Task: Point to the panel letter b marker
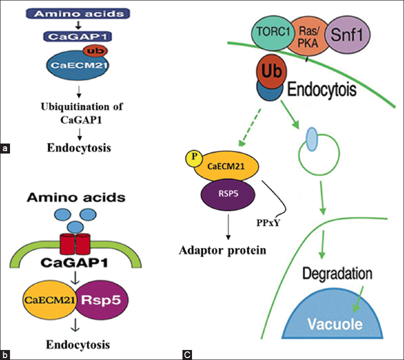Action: (5, 354)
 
